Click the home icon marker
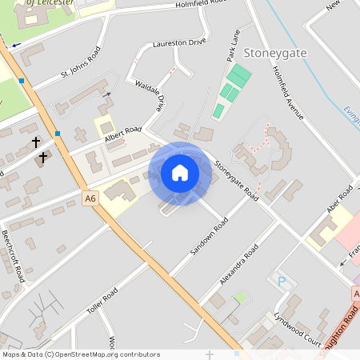pyautogui.click(x=180, y=173)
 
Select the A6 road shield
pyautogui.click(x=90, y=196)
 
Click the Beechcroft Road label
pyautogui.click(x=12, y=254)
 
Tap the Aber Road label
pyautogui.click(x=341, y=197)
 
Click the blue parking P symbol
pyautogui.click(x=281, y=281)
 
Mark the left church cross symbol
pyautogui.click(x=35, y=142)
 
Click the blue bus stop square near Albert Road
pyautogui.click(x=58, y=133)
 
